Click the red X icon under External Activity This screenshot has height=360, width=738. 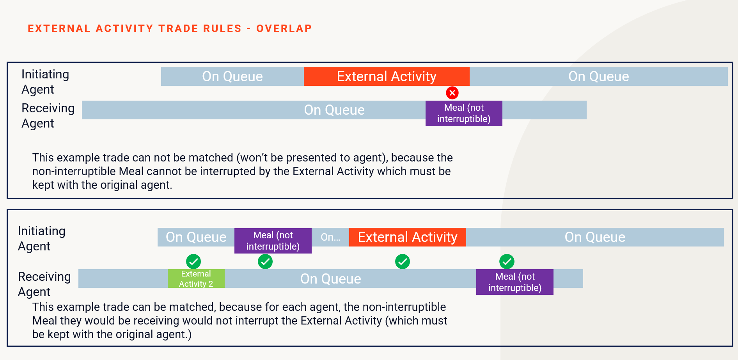pos(452,93)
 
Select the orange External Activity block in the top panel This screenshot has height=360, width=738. pos(387,76)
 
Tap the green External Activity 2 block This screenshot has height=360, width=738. pos(196,278)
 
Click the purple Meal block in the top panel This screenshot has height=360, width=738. pos(464,113)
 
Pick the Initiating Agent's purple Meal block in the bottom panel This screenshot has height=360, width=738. pos(273,241)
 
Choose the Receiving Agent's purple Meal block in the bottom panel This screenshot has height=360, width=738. pos(515,282)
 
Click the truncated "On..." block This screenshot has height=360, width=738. pos(330,237)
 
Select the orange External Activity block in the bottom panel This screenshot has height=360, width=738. pos(408,237)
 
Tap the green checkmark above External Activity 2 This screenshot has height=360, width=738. pos(193,262)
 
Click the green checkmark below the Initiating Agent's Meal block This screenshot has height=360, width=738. pos(265,262)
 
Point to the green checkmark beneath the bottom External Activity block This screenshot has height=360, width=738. pos(403,262)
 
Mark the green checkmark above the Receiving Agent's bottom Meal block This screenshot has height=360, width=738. pos(507,262)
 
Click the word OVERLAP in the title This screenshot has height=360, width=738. pos(284,28)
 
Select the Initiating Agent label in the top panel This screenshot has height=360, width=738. pos(45,82)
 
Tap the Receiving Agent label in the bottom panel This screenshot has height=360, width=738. pos(44,284)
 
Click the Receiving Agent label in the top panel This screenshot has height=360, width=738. pos(48,116)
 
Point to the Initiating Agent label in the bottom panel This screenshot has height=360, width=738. pos(42,239)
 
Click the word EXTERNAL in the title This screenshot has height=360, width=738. pos(59,28)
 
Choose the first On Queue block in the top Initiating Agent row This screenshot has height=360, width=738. pos(232,76)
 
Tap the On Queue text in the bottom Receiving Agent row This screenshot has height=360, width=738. pos(331,279)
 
